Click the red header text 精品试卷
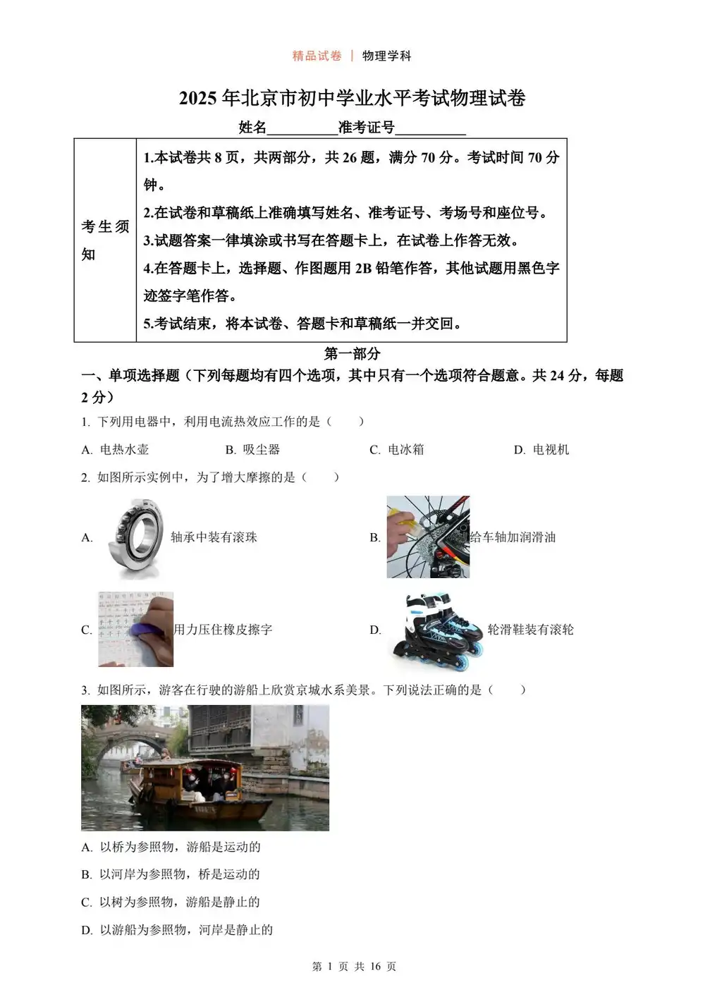317,56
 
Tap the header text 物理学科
386,56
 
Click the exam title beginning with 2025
352,98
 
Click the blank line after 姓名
302,128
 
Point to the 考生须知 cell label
105,240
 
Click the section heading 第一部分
352,354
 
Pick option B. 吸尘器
252,450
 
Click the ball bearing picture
137,537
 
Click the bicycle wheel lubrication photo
427,537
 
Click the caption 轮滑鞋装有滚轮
530,630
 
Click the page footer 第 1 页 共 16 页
354,967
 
